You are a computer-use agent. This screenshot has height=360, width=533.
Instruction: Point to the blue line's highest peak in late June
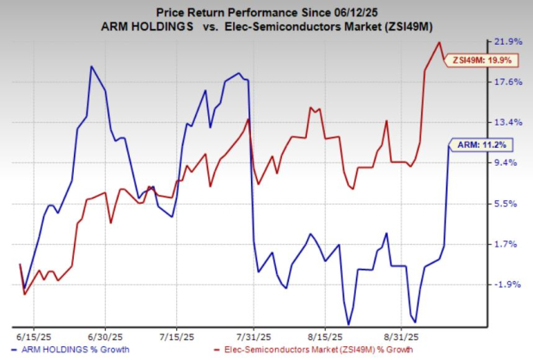coord(91,66)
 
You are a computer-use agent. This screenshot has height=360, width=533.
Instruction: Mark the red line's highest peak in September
coord(439,42)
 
